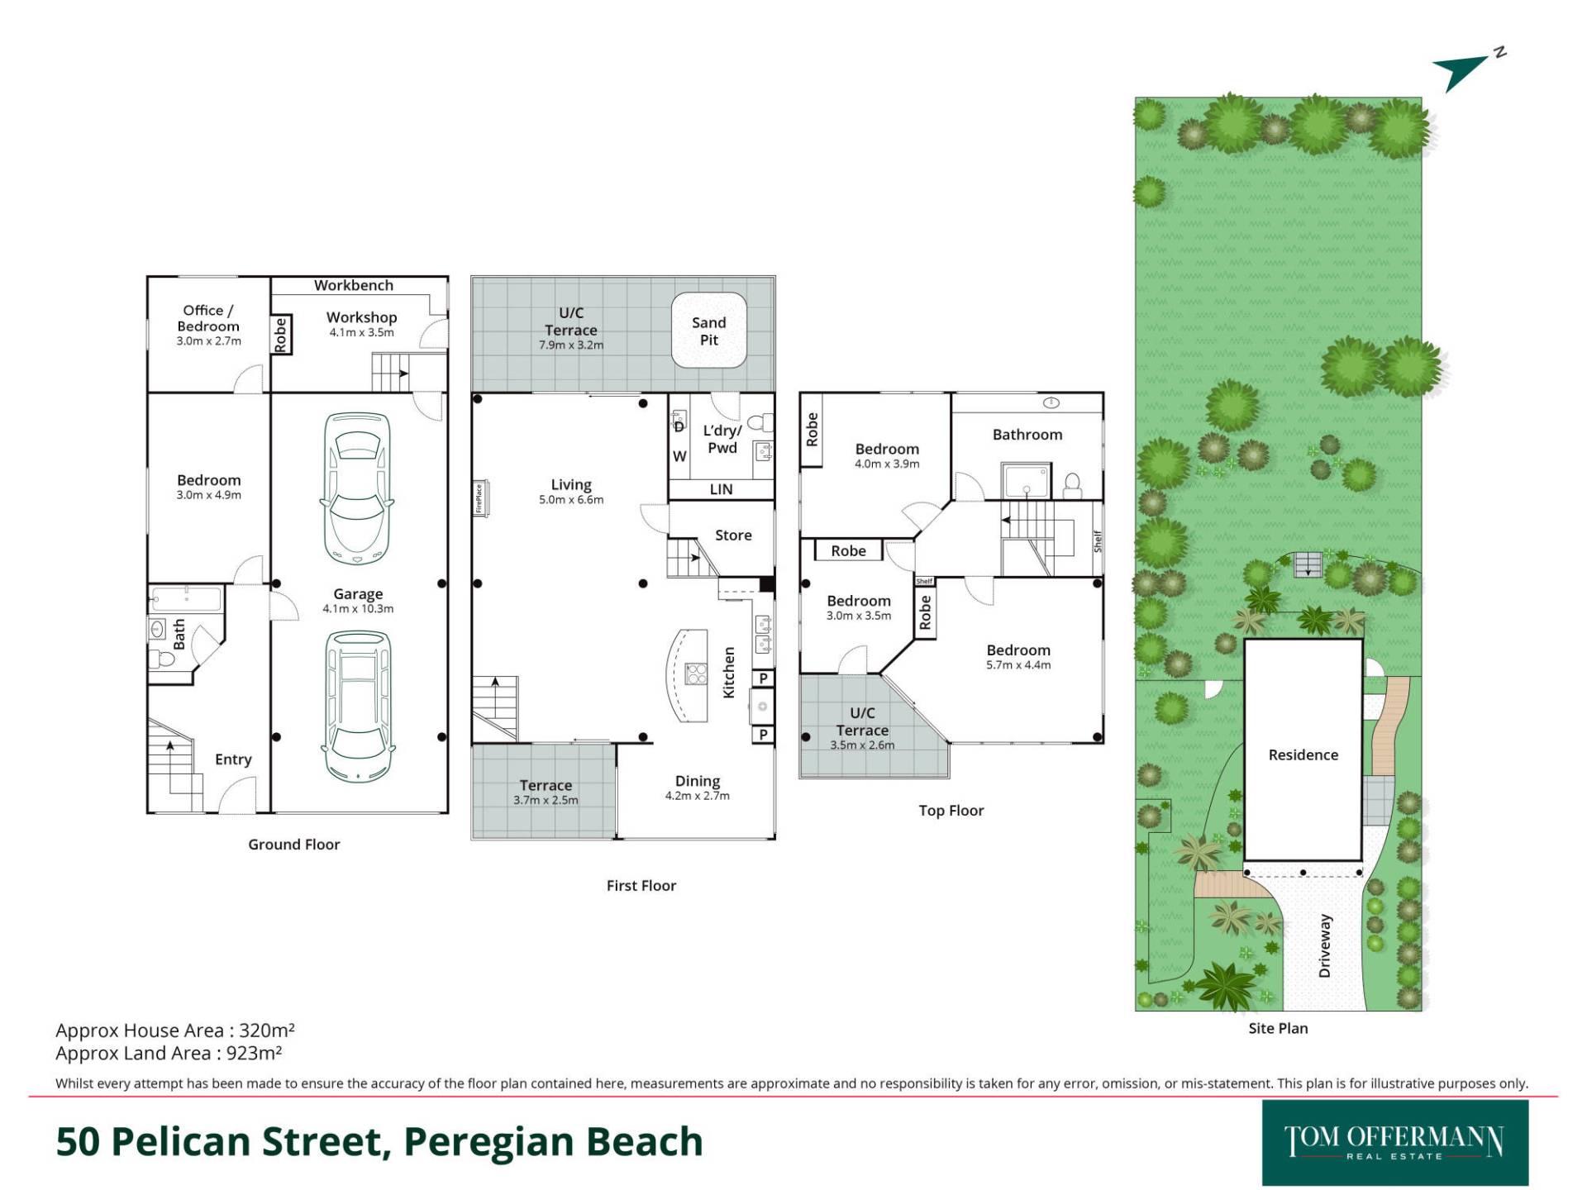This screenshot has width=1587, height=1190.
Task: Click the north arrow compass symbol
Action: tap(1467, 69)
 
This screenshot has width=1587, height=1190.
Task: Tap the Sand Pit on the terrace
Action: tap(709, 331)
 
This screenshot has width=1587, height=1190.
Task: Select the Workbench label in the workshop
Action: tap(354, 285)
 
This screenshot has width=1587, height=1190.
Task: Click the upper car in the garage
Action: tap(357, 488)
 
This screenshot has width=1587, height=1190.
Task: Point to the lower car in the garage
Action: tap(357, 707)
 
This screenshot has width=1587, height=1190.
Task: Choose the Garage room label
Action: tap(358, 593)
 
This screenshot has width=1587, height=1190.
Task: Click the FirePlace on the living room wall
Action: tap(479, 499)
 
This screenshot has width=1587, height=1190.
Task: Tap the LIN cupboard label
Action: tap(721, 489)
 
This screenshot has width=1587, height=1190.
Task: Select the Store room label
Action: tap(733, 535)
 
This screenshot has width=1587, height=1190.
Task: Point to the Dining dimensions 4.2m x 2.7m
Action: tap(698, 796)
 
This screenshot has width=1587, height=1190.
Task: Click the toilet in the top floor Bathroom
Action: tap(1073, 485)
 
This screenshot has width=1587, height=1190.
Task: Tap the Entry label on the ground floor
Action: tap(233, 759)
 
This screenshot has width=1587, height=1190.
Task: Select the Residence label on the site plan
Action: tap(1303, 754)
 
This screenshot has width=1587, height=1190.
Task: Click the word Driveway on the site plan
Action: tap(1325, 946)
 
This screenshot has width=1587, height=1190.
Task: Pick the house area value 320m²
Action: tap(267, 1031)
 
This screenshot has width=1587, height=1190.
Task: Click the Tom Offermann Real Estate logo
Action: tap(1395, 1143)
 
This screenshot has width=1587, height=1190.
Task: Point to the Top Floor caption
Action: tap(951, 811)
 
